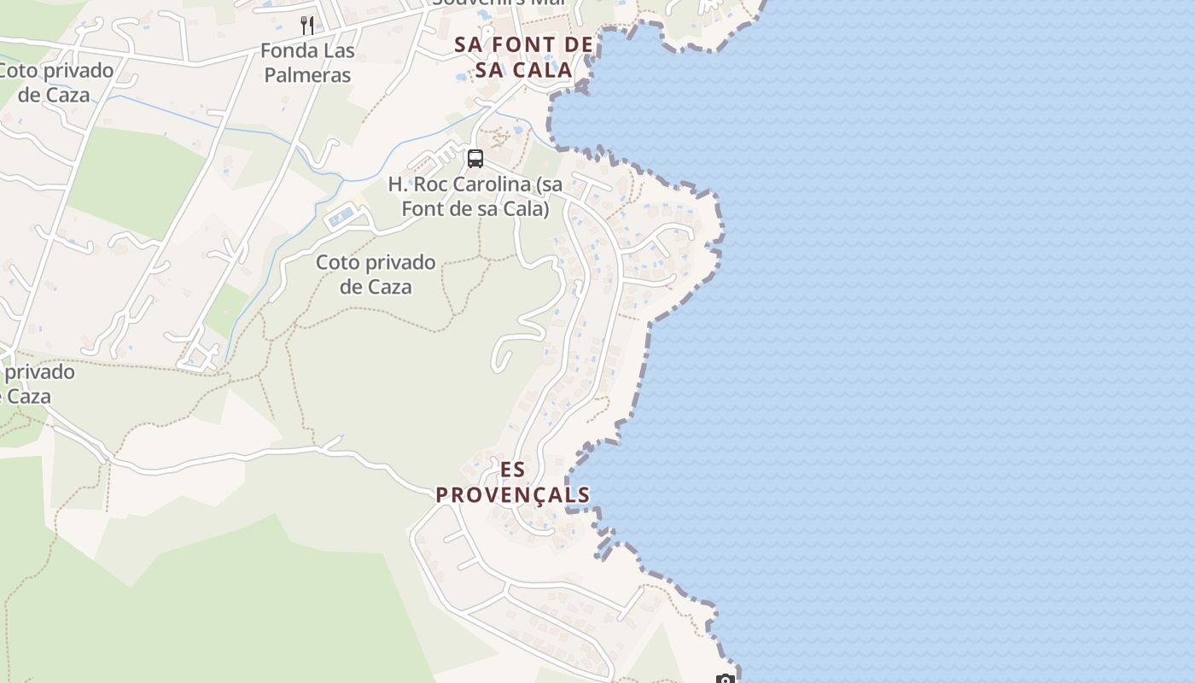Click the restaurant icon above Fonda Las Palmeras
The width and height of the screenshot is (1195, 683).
(x=307, y=25)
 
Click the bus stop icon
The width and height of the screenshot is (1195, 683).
(x=475, y=158)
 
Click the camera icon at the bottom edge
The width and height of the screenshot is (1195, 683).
(x=725, y=680)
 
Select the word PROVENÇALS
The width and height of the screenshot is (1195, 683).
(x=513, y=495)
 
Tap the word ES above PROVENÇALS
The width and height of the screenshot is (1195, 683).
(x=513, y=470)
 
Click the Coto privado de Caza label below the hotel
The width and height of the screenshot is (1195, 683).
(x=376, y=274)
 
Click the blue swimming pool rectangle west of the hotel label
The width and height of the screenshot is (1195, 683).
(x=341, y=217)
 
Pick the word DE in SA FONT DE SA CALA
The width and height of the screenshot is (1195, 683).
(x=580, y=44)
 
